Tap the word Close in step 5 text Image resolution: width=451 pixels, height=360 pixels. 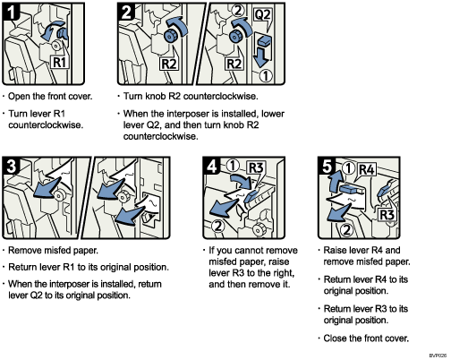[x=339, y=339]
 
